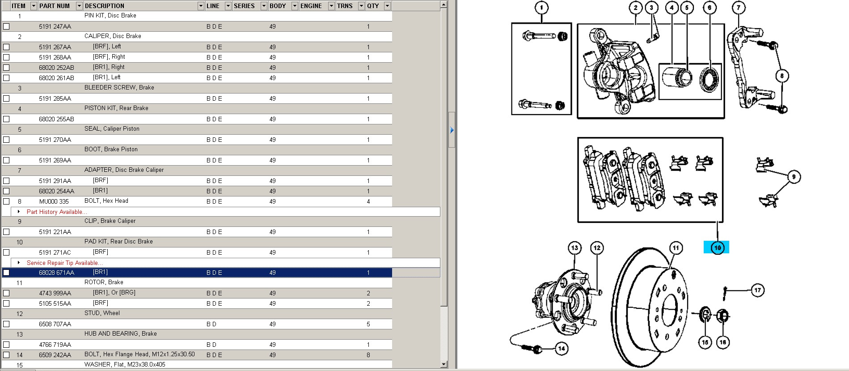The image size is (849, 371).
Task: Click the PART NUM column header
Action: coord(54,6)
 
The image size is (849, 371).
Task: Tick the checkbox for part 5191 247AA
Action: coord(6,26)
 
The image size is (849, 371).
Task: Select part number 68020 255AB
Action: coord(56,119)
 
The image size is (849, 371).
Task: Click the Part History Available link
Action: coord(57,212)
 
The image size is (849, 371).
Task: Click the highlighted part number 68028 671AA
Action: coord(56,273)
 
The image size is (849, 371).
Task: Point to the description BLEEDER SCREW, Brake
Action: coord(119,87)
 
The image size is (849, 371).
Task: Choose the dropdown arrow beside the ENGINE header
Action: coord(331,6)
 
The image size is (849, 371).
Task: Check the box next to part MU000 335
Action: coord(6,201)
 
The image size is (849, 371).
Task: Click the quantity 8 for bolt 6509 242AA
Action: coord(368,355)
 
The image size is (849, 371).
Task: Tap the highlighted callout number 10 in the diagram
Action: coord(717,247)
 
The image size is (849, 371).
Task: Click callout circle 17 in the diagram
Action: coord(757,290)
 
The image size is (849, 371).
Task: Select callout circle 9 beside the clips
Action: coord(794,177)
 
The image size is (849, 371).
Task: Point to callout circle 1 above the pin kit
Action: coord(541,8)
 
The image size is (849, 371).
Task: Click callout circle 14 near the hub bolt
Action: coord(562,348)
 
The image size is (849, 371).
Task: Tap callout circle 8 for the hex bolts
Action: coord(782,76)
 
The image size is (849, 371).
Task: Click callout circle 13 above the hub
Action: coord(574,247)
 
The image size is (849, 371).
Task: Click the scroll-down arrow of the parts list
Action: coord(444,364)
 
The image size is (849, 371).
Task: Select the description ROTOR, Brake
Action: coord(104,282)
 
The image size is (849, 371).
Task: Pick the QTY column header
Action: coord(373,6)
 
